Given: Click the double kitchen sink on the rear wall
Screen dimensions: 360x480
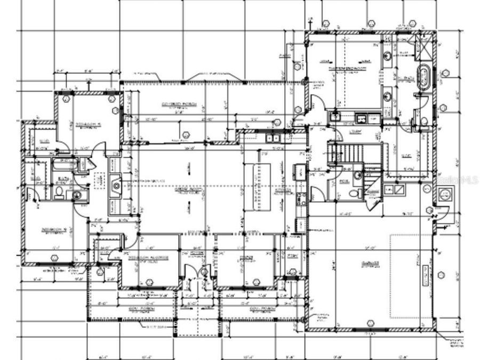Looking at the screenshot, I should pyautogui.click(x=274, y=138).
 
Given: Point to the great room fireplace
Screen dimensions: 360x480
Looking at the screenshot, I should pyautogui.click(x=116, y=186).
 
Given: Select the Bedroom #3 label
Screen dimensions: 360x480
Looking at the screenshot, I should pyautogui.click(x=89, y=125).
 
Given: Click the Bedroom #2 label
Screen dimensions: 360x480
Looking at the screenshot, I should pyautogui.click(x=53, y=230).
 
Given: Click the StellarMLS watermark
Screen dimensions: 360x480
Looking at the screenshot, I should pyautogui.click(x=456, y=180).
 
